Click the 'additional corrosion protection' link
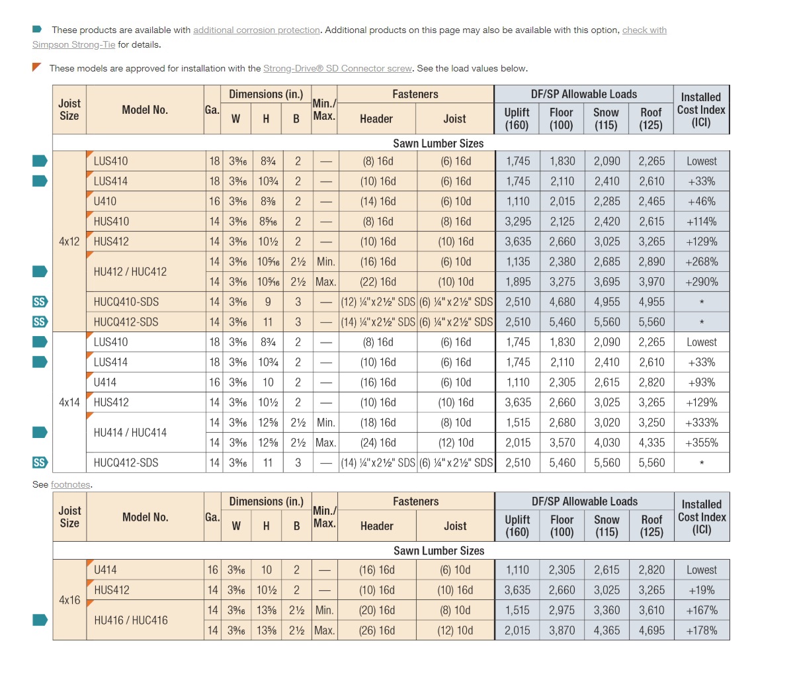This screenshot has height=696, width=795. [x=256, y=30]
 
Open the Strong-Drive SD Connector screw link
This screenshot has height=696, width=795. [x=337, y=69]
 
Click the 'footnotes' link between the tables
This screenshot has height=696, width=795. [x=70, y=485]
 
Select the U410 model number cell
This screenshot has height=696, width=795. [x=105, y=202]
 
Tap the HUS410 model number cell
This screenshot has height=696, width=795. [x=111, y=222]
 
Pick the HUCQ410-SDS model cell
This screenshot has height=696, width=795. [x=126, y=302]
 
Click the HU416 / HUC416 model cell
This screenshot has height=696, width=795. [x=131, y=621]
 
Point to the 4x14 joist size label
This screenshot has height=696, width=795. [x=69, y=402]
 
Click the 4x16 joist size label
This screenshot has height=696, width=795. [x=69, y=600]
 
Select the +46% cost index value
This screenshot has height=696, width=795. [x=701, y=202]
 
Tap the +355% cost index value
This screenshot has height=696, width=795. [x=701, y=443]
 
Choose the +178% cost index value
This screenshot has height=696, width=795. [x=701, y=631]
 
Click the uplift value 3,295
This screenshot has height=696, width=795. [x=518, y=222]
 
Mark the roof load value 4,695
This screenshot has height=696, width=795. [x=651, y=631]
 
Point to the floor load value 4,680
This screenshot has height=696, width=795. [x=562, y=302]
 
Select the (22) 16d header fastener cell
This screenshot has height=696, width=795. [x=378, y=282]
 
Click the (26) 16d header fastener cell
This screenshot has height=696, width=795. [x=377, y=631]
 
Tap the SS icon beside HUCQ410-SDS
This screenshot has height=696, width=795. [x=40, y=302]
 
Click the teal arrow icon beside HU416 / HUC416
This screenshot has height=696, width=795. [x=40, y=620]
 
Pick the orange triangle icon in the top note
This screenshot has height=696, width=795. [x=37, y=67]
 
